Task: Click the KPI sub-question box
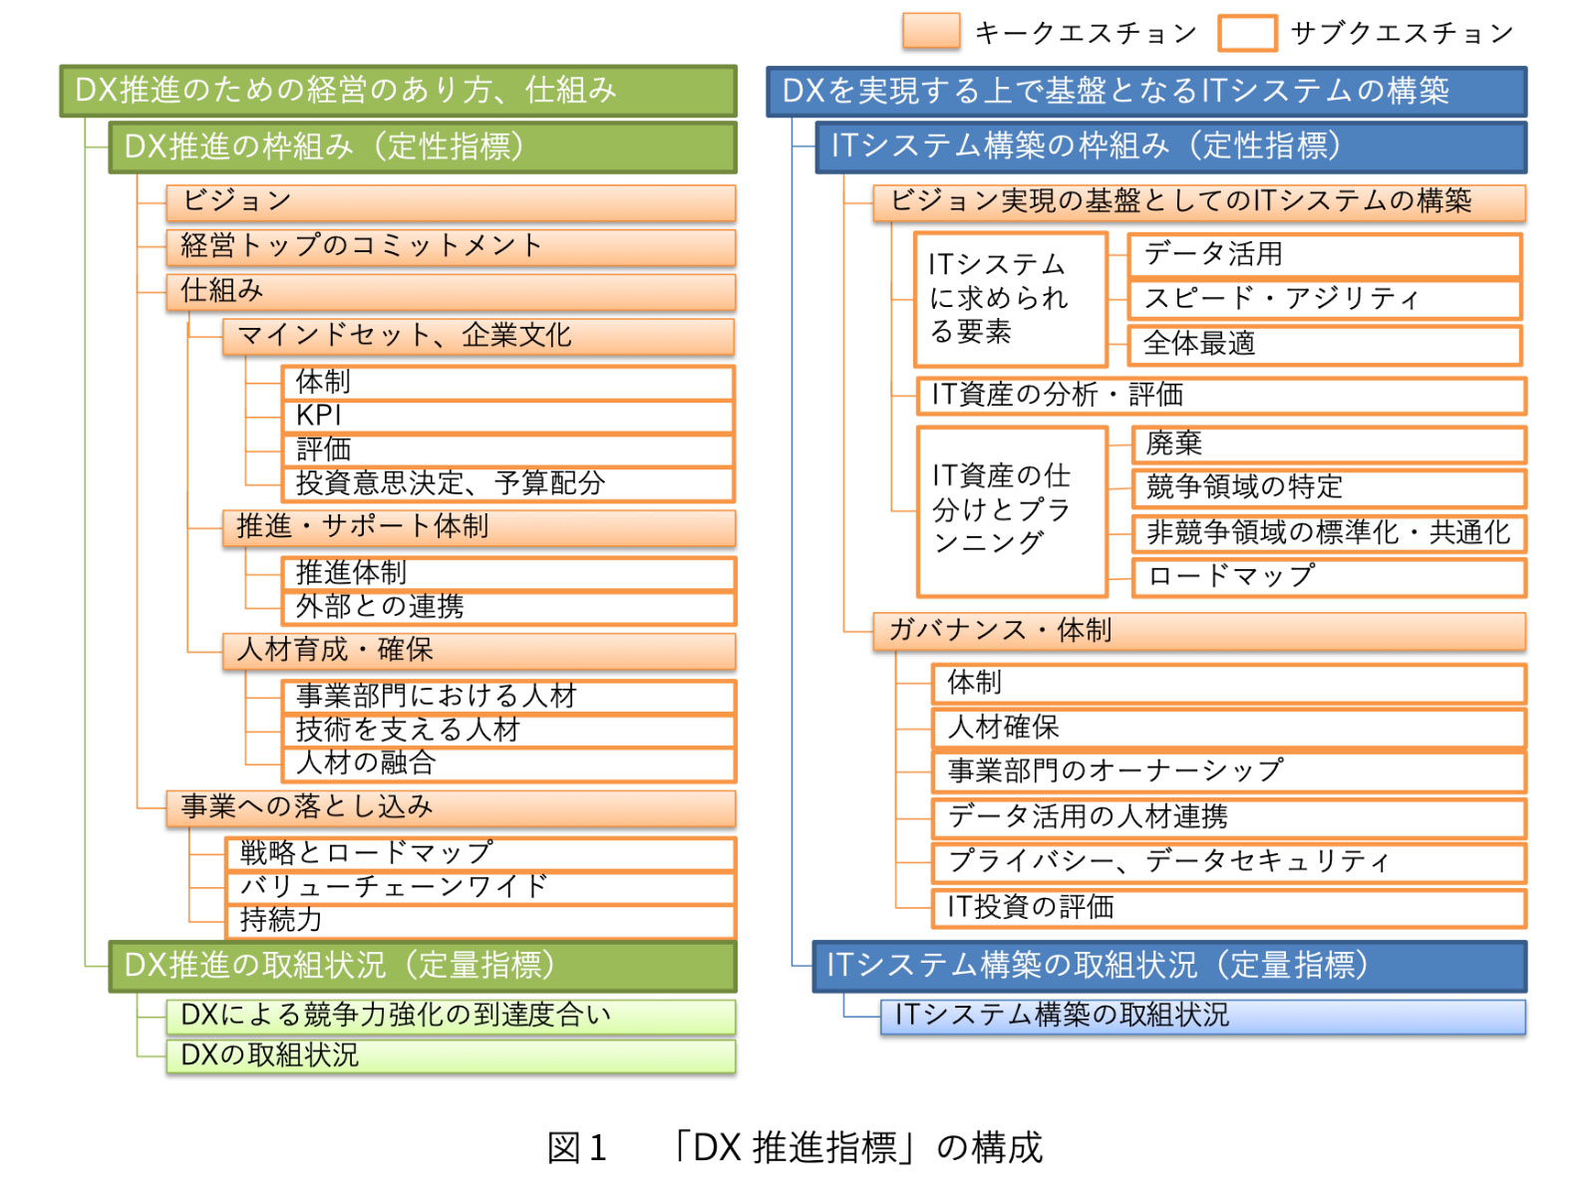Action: pyautogui.click(x=506, y=416)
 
